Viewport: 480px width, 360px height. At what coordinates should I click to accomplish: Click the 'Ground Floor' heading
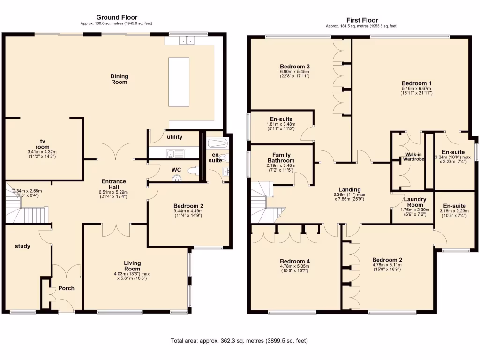click(117, 18)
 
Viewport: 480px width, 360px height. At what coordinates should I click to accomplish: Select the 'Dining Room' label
click(119, 79)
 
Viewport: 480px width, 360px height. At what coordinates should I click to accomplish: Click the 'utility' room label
click(174, 137)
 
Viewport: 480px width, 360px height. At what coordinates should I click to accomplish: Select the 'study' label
click(22, 246)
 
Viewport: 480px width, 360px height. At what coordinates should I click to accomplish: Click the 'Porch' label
click(66, 288)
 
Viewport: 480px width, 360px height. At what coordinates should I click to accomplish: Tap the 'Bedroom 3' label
click(295, 67)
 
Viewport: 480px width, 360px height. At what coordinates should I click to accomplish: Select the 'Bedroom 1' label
click(416, 83)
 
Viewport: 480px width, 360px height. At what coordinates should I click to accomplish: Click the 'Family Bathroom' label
click(282, 158)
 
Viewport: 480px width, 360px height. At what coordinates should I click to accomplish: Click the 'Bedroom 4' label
click(295, 261)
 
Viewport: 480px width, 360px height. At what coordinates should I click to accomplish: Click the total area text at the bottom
click(239, 341)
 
